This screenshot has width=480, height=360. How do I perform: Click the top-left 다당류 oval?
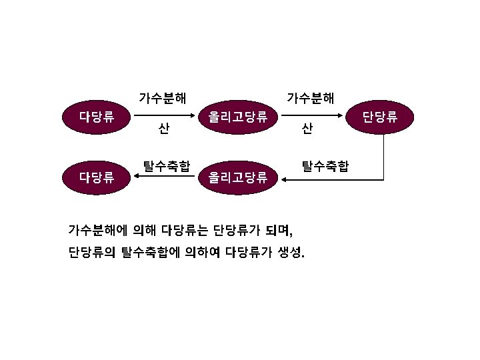pos(97,118)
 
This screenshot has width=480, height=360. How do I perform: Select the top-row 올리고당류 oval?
pos(238,118)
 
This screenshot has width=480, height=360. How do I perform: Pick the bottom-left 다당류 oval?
pos(97,177)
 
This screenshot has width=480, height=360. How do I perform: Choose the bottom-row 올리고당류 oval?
pos(238,177)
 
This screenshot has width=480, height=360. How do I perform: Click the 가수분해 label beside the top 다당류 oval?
pos(162,99)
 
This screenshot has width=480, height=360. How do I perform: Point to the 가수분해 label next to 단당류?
pos(310,99)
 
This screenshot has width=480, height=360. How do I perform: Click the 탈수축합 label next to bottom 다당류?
pos(166,165)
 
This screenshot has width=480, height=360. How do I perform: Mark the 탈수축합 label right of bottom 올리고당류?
pos(325,165)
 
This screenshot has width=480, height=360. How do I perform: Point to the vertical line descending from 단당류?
pos(385,157)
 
